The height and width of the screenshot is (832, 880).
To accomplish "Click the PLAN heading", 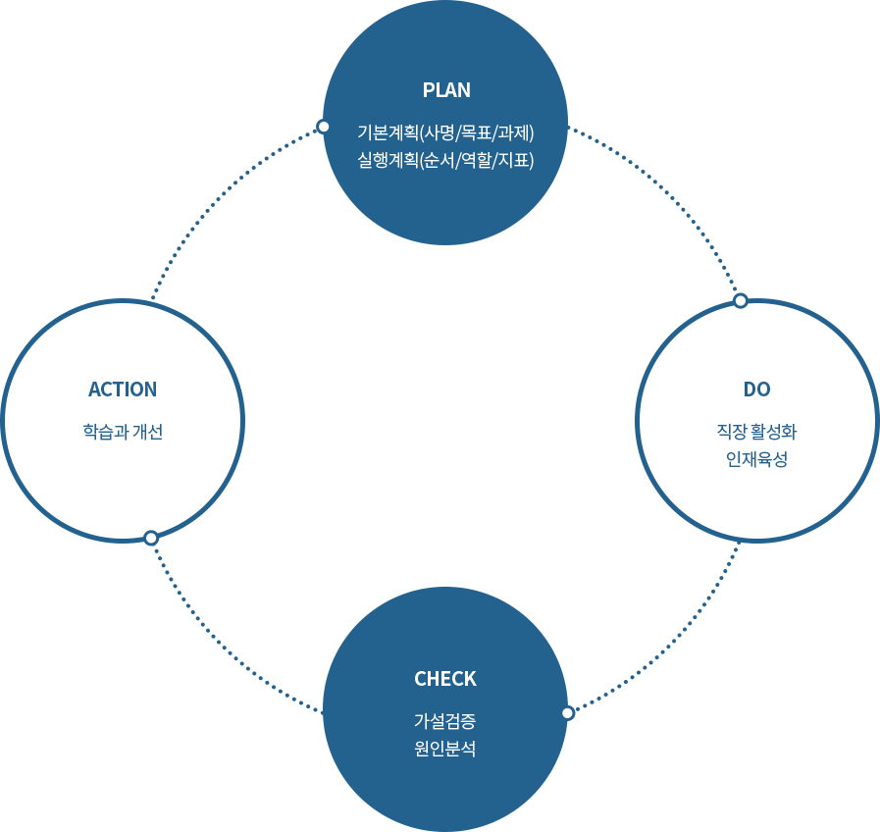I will pyautogui.click(x=446, y=90).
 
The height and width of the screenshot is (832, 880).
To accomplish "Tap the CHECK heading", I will pyautogui.click(x=445, y=679).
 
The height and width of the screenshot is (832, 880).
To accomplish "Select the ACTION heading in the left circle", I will pyautogui.click(x=123, y=390).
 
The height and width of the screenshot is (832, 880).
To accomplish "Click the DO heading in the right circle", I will pyautogui.click(x=756, y=390).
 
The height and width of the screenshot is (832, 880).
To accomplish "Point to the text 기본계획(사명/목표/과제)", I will pyautogui.click(x=446, y=131).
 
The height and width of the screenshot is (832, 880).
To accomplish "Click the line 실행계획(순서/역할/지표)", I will pyautogui.click(x=446, y=160).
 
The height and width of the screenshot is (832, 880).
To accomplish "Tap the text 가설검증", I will pyautogui.click(x=445, y=721).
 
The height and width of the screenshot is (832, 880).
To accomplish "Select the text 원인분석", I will pyautogui.click(x=445, y=750).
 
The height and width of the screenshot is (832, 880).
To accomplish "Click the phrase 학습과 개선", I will pyautogui.click(x=123, y=432).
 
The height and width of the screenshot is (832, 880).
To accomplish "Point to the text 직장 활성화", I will pyautogui.click(x=756, y=431).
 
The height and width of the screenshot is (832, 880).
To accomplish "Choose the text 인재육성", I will pyautogui.click(x=756, y=459).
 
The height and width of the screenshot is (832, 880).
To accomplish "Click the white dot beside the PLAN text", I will pyautogui.click(x=324, y=127).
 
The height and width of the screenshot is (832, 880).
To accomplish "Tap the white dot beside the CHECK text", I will pyautogui.click(x=567, y=713).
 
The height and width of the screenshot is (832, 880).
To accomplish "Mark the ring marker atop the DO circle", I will pyautogui.click(x=741, y=300).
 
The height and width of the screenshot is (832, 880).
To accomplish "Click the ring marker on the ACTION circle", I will pyautogui.click(x=151, y=538).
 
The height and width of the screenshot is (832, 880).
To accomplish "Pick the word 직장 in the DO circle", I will pyautogui.click(x=732, y=431).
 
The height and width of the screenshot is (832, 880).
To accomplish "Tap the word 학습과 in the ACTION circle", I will pyautogui.click(x=105, y=432).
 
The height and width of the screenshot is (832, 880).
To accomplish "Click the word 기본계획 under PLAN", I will pyautogui.click(x=388, y=131).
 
